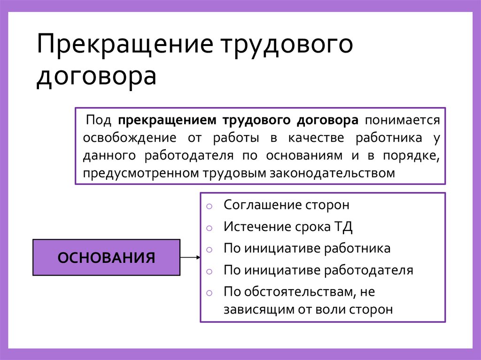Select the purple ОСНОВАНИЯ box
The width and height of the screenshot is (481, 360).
pos(106,257)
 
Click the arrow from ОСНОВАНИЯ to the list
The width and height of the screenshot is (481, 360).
pos(190,257)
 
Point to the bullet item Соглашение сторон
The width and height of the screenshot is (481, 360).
pos(287,205)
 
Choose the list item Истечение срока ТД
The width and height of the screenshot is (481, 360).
pos(288,227)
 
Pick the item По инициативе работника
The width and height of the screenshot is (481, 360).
pos(307,248)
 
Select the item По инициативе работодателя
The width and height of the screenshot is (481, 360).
pos(318,270)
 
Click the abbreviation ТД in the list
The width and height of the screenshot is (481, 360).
pos(343,227)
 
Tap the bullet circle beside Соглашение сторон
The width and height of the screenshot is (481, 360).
pos(209,206)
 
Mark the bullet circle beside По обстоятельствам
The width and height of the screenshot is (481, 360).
pos(209,292)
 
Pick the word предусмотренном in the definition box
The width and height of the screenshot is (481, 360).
pos(140,173)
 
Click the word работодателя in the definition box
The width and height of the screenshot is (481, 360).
pos(189,155)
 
